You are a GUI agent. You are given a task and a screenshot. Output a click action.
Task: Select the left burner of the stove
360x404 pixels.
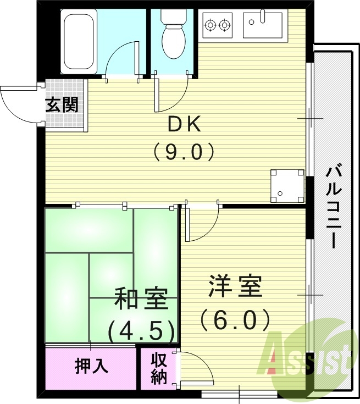point(211,24)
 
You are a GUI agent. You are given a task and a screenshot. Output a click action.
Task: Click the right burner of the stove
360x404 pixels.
point(224,24)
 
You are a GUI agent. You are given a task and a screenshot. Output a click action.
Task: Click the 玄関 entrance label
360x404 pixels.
point(61,104)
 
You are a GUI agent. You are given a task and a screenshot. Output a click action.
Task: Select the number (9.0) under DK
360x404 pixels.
point(183,151)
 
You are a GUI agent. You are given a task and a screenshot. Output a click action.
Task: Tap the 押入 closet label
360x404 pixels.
point(91,366)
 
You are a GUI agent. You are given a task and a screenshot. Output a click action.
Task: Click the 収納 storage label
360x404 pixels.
point(159,369)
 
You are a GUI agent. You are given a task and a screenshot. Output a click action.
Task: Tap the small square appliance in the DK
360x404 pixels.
point(287,186)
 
